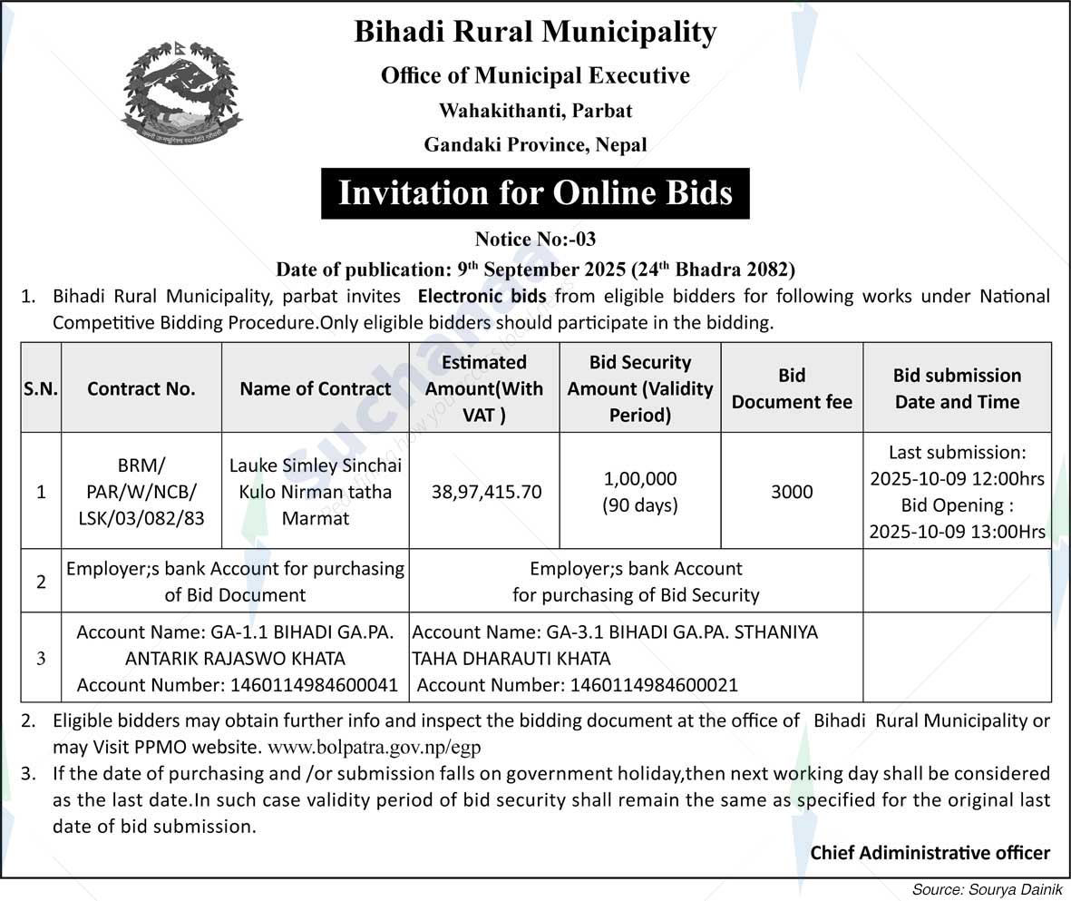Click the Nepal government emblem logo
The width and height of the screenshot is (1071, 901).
tap(181, 92)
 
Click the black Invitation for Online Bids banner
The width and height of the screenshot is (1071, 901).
tap(535, 193)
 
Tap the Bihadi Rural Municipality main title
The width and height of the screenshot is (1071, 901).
tap(535, 33)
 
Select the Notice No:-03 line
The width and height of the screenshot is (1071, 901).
tap(535, 240)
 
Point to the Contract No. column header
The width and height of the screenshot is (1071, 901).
tap(141, 388)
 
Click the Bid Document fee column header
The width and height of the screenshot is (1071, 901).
tap(792, 388)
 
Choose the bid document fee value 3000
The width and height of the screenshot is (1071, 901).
tap(792, 492)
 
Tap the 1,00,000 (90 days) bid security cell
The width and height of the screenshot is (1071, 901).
tap(639, 492)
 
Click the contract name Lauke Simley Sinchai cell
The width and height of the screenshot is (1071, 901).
tap(315, 492)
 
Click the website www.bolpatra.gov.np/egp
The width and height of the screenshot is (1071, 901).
tap(375, 749)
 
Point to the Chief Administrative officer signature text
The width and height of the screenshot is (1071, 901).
tap(930, 852)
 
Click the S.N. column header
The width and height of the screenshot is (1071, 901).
tap(41, 388)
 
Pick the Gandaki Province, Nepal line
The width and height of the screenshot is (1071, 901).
tap(535, 144)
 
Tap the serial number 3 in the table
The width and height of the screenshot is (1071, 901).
tap(41, 659)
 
